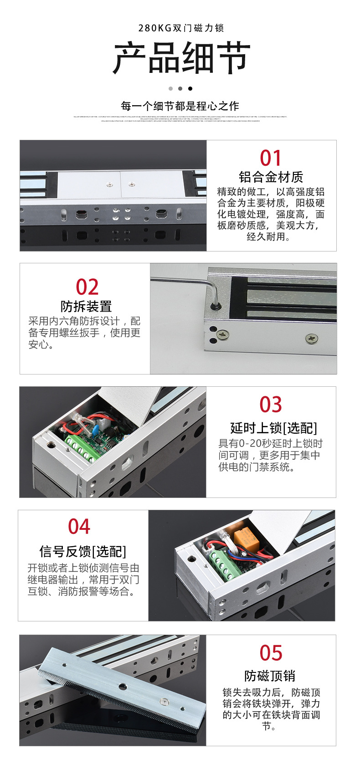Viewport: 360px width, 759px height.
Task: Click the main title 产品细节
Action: click(x=181, y=58)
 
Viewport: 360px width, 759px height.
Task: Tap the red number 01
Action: click(x=271, y=158)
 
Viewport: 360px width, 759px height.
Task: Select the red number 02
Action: click(x=87, y=287)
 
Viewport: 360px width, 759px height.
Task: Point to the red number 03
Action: click(x=271, y=405)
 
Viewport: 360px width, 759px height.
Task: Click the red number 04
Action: click(x=79, y=527)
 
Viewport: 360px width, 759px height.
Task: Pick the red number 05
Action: click(x=271, y=653)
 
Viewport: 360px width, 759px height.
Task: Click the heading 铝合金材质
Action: click(x=271, y=177)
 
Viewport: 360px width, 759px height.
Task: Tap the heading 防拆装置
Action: click(x=86, y=306)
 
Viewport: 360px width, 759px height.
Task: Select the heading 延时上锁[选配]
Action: click(x=273, y=428)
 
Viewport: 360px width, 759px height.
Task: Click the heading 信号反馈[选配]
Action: click(x=82, y=551)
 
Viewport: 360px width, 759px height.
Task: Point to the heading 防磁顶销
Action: click(x=270, y=676)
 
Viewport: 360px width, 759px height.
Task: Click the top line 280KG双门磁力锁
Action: click(x=181, y=28)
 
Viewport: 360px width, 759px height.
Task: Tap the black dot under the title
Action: click(x=190, y=88)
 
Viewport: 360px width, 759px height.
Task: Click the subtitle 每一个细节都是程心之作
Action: click(x=180, y=106)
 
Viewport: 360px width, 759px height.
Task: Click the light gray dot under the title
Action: click(x=170, y=88)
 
